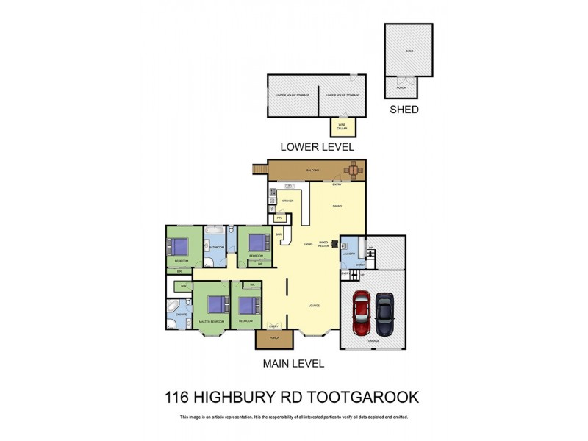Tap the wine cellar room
click(x=342, y=126)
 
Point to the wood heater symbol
click(x=334, y=244)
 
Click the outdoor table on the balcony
click(x=354, y=171)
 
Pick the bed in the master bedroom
click(x=215, y=304)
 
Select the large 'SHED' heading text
click(x=404, y=110)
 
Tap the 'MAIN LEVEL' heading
click(x=293, y=363)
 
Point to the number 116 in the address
click(x=176, y=398)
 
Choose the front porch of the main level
click(x=274, y=339)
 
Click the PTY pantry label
click(x=279, y=218)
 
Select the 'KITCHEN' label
click(x=288, y=201)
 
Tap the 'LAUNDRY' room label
click(x=348, y=254)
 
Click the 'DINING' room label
click(x=337, y=206)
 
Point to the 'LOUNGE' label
click(x=314, y=305)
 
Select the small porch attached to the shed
click(x=401, y=87)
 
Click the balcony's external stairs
click(x=259, y=171)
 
